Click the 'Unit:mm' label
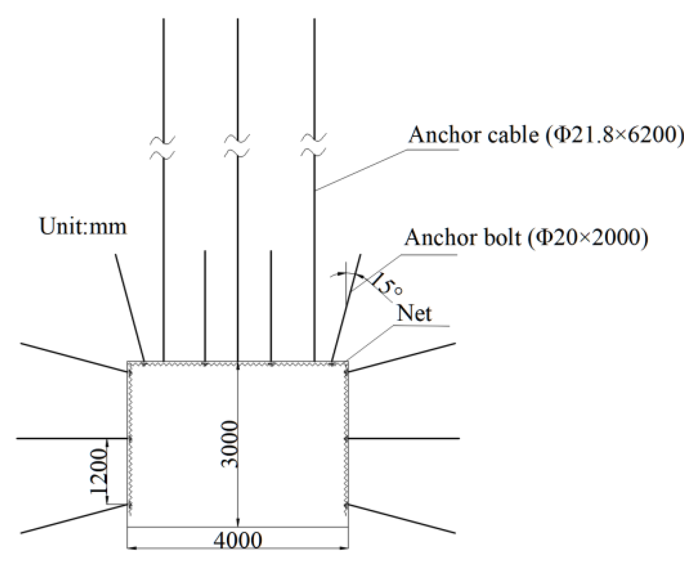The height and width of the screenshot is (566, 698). [x=83, y=227]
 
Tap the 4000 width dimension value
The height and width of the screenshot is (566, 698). [x=238, y=540]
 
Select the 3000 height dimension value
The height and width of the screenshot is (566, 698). [x=231, y=444]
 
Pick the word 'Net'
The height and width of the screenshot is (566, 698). [x=414, y=313]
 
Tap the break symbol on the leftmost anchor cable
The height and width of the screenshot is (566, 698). [x=163, y=147]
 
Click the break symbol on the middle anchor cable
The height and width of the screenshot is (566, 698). [x=237, y=146]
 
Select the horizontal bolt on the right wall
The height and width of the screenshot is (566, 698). [x=403, y=439]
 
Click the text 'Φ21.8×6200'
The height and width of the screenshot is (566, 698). [x=614, y=135]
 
